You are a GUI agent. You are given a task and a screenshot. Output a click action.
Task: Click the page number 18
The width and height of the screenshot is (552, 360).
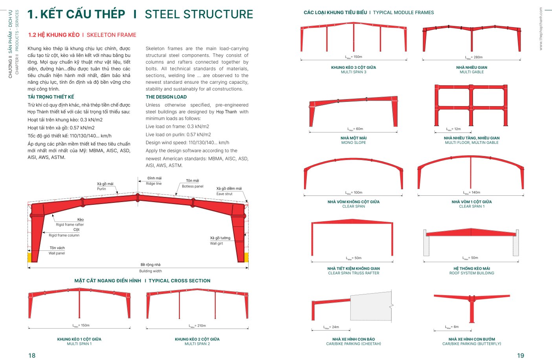[x=32, y=355]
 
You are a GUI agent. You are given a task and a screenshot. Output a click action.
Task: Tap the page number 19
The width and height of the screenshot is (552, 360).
[x=521, y=355]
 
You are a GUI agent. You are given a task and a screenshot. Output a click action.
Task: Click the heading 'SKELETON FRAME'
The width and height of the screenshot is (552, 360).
[x=111, y=35]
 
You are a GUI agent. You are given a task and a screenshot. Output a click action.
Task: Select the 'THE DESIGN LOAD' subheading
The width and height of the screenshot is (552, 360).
[x=166, y=97]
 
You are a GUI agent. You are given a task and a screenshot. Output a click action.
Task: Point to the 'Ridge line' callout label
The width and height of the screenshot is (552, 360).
[x=154, y=184]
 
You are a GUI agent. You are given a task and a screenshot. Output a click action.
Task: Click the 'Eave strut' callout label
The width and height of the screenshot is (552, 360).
[x=224, y=194]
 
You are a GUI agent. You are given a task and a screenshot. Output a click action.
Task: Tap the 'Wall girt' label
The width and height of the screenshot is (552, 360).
[x=216, y=243]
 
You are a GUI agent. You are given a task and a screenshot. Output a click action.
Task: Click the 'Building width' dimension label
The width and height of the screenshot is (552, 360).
[x=150, y=271]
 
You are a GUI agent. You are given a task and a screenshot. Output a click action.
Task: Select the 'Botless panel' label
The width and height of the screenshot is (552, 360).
[x=193, y=186]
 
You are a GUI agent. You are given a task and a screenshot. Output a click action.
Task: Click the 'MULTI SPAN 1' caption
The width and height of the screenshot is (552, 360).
[x=79, y=344]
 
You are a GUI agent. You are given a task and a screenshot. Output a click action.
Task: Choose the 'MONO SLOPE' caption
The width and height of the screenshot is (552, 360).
[x=354, y=143]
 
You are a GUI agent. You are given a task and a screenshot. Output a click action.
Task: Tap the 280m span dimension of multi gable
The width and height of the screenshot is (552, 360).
[x=474, y=57]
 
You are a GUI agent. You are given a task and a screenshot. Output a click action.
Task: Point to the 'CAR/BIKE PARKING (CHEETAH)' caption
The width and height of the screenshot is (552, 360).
[x=354, y=344]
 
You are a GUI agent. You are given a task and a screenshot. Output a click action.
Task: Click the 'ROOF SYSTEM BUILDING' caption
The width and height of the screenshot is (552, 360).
[x=471, y=273]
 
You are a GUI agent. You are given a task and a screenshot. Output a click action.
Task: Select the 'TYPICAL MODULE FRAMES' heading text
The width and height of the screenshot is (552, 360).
[x=403, y=13]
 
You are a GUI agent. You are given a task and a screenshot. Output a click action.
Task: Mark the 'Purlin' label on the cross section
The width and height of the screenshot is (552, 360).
[x=101, y=189]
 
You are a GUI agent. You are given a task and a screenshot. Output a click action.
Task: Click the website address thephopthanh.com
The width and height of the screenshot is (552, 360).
[x=541, y=29]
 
